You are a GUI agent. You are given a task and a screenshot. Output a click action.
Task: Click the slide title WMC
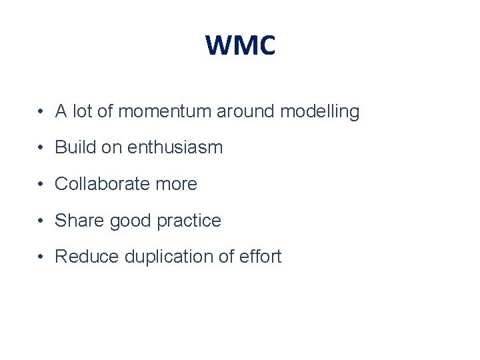(x=240, y=46)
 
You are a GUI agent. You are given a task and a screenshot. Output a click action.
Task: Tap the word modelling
(x=319, y=111)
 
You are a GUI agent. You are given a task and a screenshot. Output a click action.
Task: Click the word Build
(x=73, y=147)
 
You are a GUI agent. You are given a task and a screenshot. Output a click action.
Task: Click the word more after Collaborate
(x=176, y=184)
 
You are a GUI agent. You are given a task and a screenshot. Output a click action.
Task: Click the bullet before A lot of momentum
(x=41, y=112)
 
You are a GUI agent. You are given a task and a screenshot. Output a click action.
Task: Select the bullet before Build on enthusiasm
(x=41, y=148)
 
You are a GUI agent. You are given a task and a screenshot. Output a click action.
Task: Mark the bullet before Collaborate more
(x=41, y=185)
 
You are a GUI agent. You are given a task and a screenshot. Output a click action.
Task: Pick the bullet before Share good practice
(x=41, y=221)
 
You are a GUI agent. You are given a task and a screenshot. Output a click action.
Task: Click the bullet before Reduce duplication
(x=41, y=257)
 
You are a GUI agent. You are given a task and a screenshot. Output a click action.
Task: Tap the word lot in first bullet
(x=82, y=111)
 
